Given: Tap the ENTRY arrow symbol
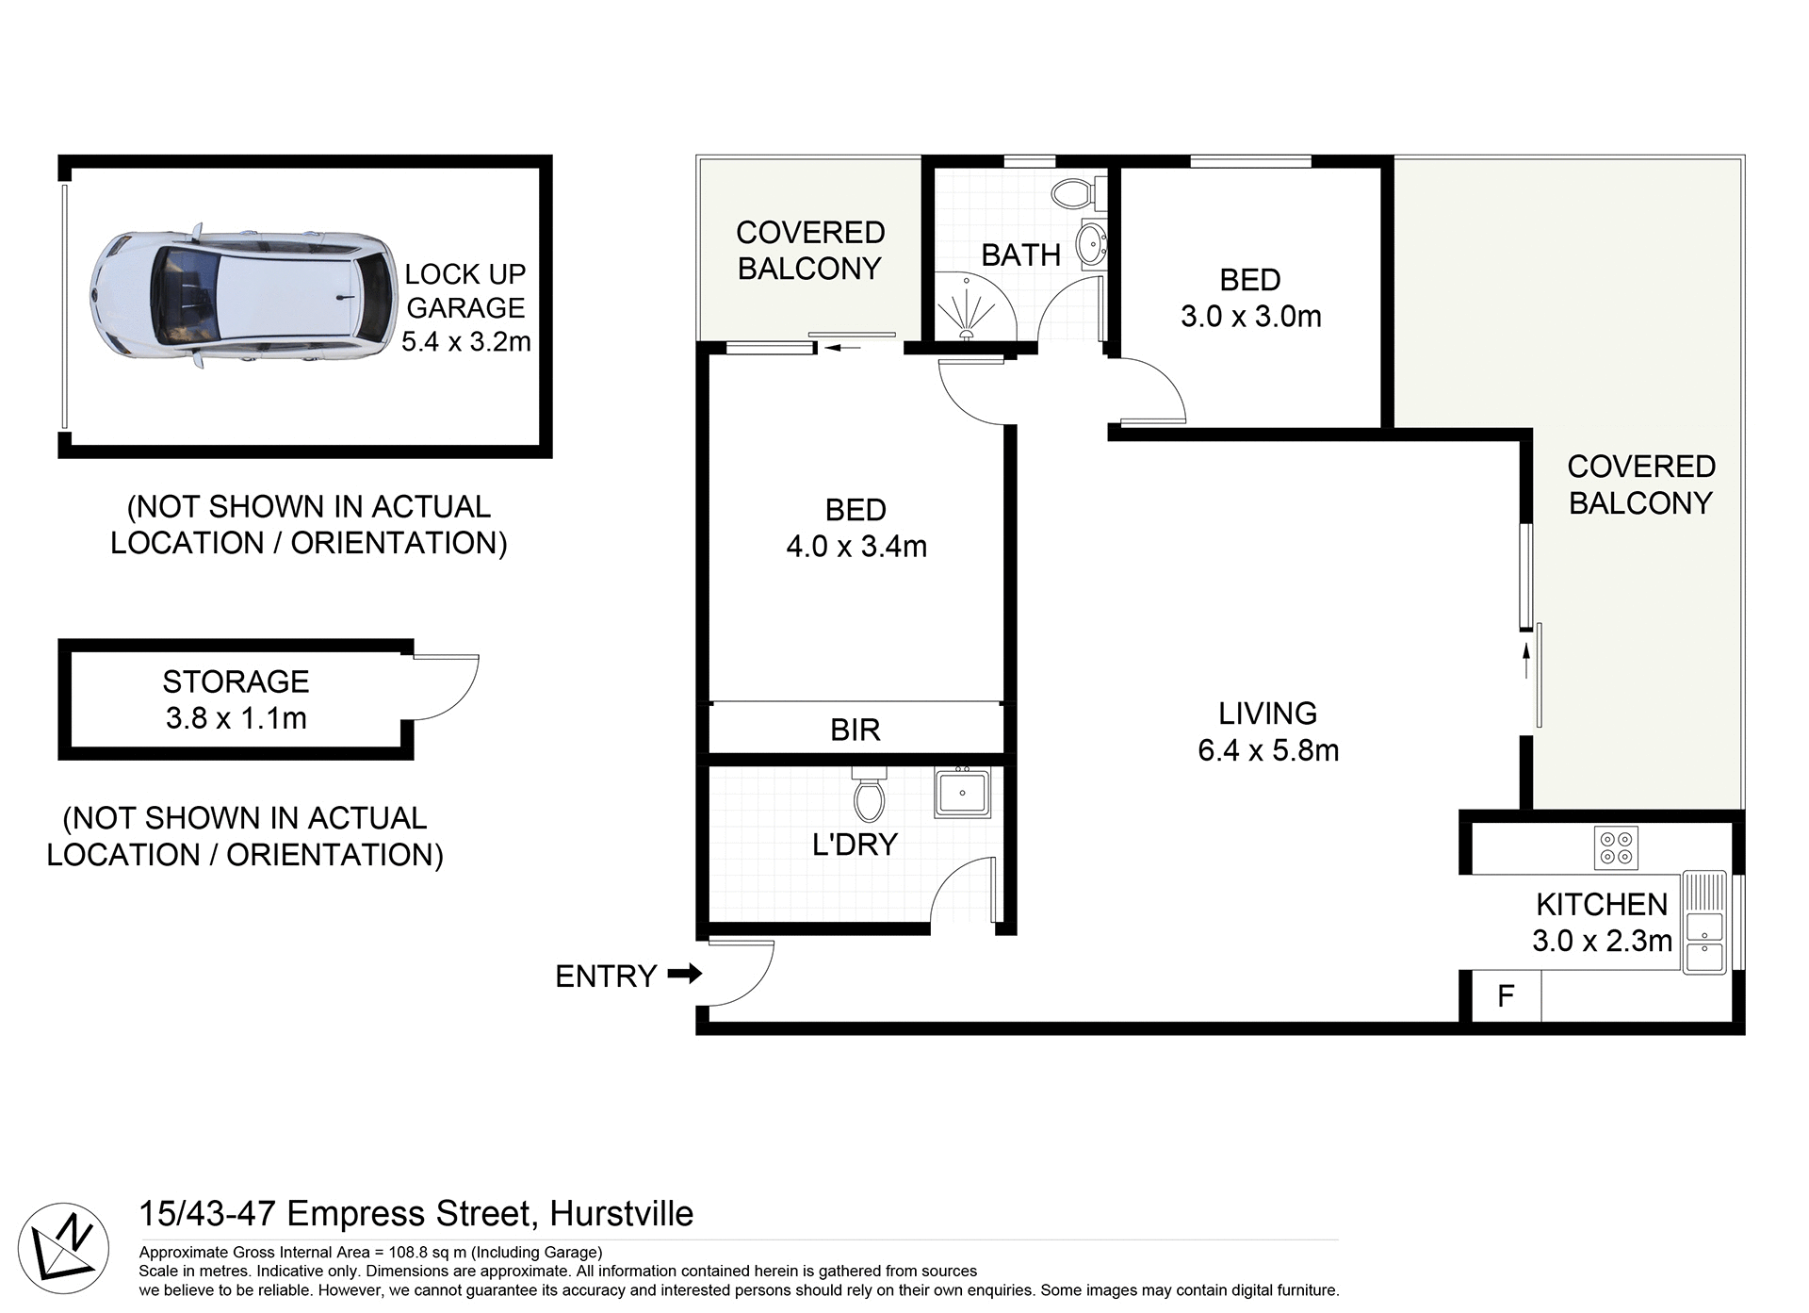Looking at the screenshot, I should pyautogui.click(x=685, y=974).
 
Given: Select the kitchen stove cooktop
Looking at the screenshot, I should pyautogui.click(x=1616, y=846).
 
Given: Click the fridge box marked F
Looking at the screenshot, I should pyautogui.click(x=1505, y=995).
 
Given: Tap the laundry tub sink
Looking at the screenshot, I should pyautogui.click(x=962, y=792).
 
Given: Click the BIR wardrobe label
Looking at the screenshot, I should pyautogui.click(x=855, y=730).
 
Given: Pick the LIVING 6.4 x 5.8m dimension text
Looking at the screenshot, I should pyautogui.click(x=1267, y=750).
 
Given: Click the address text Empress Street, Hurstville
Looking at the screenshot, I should pyautogui.click(x=490, y=1213).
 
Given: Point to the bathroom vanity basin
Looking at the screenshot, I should pyautogui.click(x=1092, y=243).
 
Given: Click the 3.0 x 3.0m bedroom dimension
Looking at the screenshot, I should pyautogui.click(x=1250, y=316).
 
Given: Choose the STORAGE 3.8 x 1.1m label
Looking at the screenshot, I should pyautogui.click(x=236, y=699).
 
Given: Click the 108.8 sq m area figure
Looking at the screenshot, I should pyautogui.click(x=428, y=1252).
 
